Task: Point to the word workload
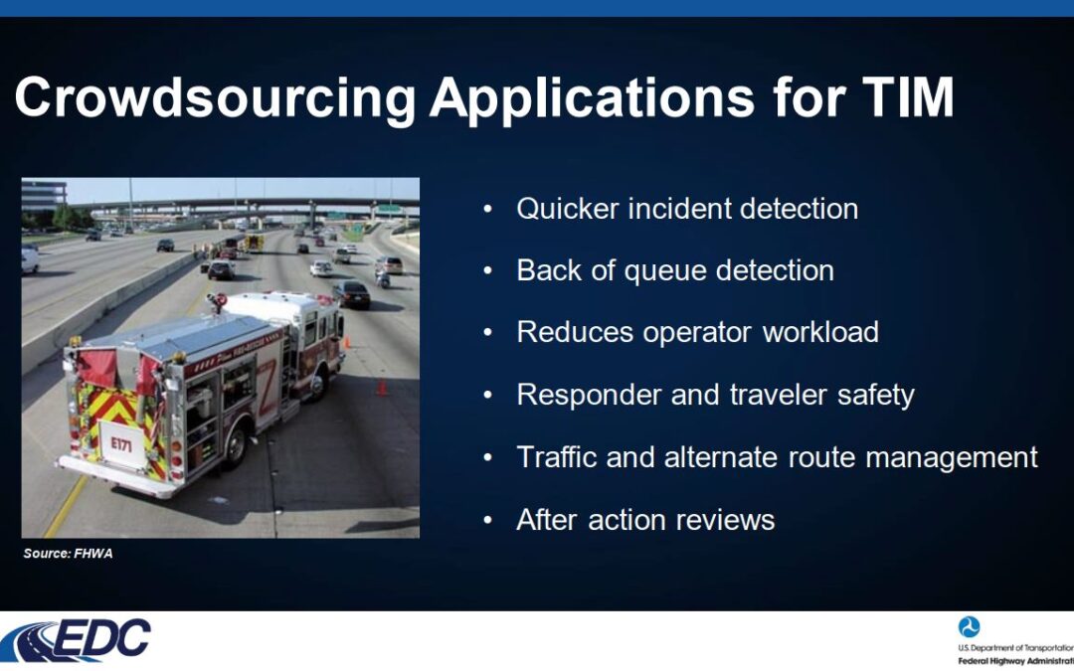820,332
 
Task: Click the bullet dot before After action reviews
487,520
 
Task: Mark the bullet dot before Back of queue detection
487,271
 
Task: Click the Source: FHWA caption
68,554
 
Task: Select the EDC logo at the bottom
76,640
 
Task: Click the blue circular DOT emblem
969,626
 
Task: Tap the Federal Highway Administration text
1015,661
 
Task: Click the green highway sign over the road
389,208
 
